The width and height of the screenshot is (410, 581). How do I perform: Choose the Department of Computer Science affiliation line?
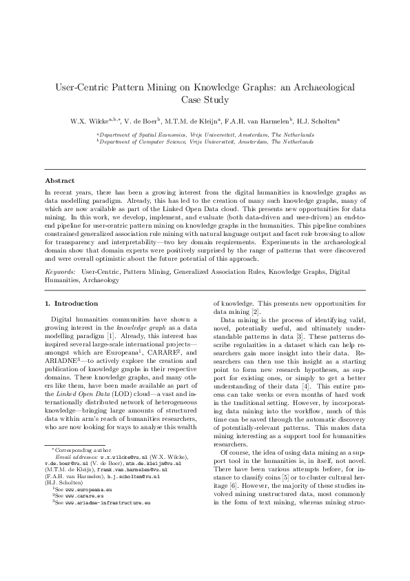pyautogui.click(x=205, y=141)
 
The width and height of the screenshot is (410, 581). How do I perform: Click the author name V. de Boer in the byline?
pyautogui.click(x=138, y=120)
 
